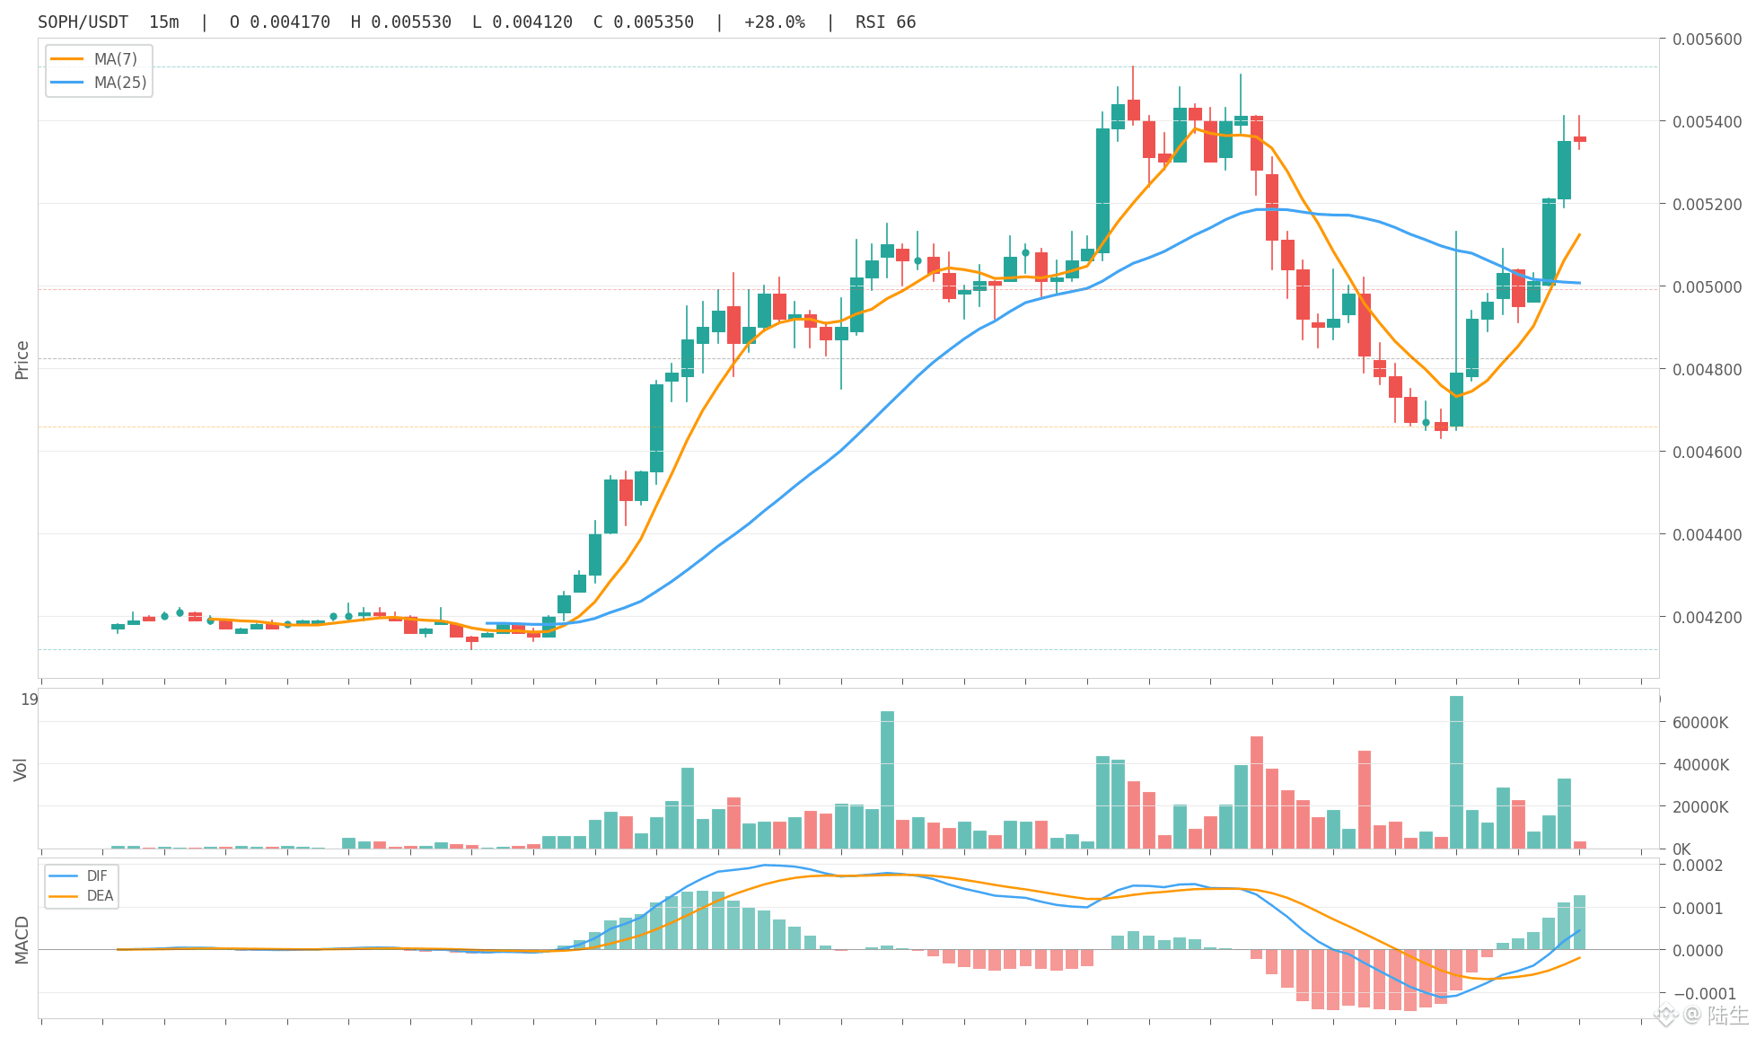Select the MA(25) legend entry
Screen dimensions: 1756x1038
(98, 83)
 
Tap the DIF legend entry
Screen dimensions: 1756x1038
(79, 876)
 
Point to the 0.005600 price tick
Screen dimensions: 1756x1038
(1707, 40)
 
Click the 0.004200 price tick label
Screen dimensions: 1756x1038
(1707, 618)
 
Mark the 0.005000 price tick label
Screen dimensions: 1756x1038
(1707, 287)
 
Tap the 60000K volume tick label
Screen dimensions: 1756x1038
(1700, 723)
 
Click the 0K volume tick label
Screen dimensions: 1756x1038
(1681, 849)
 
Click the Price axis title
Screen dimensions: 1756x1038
(22, 360)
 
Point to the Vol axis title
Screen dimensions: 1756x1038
(21, 770)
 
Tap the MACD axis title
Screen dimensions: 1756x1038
(22, 940)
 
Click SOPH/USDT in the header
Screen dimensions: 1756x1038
(83, 22)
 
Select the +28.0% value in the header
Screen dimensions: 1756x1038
(775, 22)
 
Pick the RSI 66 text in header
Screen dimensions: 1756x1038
(886, 22)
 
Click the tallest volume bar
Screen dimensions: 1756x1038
(1456, 772)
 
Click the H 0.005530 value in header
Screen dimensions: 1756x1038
(401, 22)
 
